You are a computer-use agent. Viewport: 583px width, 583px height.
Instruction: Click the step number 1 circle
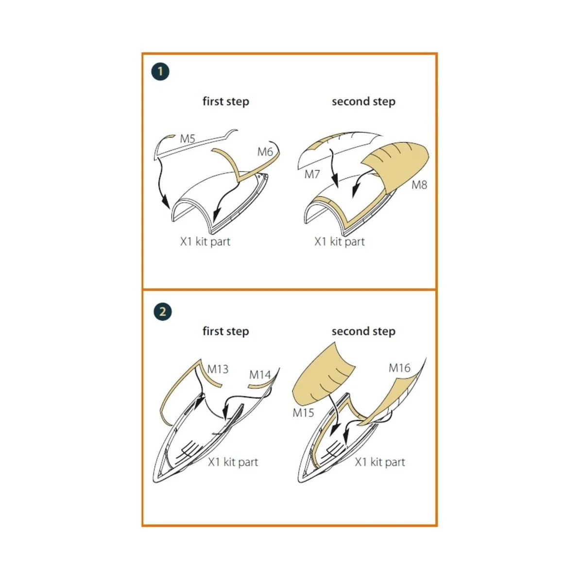click(x=160, y=72)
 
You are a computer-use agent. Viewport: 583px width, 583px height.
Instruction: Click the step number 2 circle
click(x=162, y=311)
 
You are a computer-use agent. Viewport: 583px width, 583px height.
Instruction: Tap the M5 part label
click(x=188, y=139)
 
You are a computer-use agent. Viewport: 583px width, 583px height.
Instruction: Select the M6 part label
click(x=265, y=152)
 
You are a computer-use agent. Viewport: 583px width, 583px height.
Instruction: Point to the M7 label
click(x=312, y=174)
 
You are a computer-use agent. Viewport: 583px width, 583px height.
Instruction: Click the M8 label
click(x=419, y=185)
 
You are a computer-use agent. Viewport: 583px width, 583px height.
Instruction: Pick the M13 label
click(x=218, y=369)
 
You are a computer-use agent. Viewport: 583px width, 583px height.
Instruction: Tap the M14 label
click(x=260, y=375)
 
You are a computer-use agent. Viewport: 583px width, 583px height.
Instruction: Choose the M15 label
click(x=304, y=412)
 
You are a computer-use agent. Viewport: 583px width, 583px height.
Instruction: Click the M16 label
click(x=400, y=368)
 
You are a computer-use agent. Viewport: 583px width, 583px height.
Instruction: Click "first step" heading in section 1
click(x=226, y=102)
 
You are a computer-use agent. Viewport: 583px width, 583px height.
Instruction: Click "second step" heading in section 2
click(x=364, y=331)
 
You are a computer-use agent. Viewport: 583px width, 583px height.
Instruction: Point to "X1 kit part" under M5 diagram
click(x=206, y=241)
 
